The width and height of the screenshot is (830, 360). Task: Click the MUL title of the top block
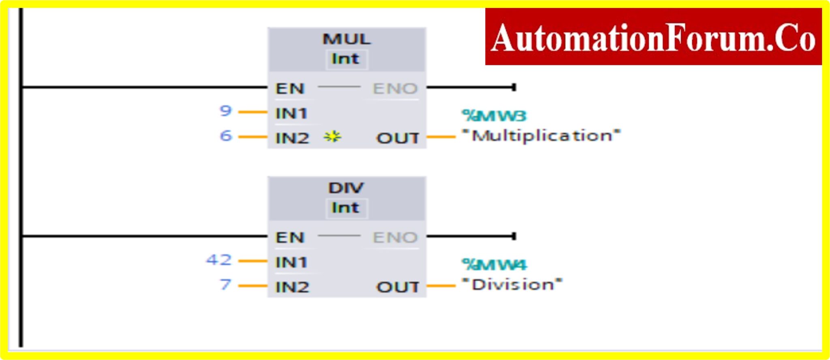point(346,39)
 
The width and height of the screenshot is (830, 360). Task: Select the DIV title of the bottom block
point(346,188)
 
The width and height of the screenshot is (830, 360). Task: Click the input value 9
point(225,111)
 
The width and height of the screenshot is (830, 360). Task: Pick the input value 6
point(226,135)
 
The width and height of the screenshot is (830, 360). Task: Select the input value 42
point(219,259)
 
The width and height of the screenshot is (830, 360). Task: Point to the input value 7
point(225,285)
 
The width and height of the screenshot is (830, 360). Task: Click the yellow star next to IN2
point(332,137)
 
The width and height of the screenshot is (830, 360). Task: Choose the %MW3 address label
point(494,116)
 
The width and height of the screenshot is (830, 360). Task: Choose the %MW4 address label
point(494,265)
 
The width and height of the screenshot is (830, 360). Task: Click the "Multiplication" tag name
point(541,136)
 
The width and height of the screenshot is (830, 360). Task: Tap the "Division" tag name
point(512,285)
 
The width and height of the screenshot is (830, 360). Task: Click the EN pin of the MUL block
point(290,88)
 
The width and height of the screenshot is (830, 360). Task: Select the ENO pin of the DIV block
point(395,237)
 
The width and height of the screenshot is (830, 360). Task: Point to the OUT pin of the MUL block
point(398,138)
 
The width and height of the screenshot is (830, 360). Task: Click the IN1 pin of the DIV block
point(291,262)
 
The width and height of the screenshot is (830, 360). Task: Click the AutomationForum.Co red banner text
point(653,37)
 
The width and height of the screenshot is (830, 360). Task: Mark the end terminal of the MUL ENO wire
point(514,87)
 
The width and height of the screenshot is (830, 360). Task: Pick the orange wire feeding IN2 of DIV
point(253,286)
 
